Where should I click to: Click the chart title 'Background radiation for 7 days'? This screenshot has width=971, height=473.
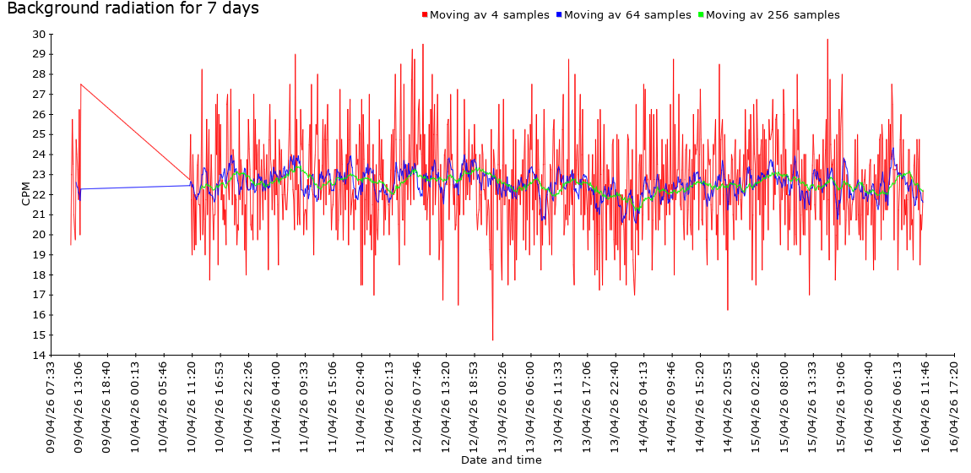pos(133,9)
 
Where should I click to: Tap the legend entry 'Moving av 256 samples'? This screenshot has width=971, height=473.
pos(773,15)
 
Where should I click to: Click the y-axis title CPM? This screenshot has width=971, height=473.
pos(26,194)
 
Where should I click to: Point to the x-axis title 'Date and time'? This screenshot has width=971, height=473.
pos(502,460)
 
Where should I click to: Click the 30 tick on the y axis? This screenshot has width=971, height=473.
pos(39,34)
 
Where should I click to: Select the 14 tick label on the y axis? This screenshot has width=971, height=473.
pos(39,355)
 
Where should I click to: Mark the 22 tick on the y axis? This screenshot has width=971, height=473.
pos(39,194)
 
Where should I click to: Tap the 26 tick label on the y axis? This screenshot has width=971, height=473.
pos(39,114)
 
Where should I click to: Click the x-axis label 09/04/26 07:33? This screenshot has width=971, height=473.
pos(52,406)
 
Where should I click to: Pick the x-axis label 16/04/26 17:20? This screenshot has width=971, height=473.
pos(954,406)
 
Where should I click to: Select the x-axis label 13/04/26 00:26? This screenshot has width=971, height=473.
pos(502,406)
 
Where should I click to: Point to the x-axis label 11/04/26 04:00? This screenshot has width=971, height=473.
pos(277,406)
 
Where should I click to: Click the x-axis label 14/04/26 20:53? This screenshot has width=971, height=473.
pos(728,406)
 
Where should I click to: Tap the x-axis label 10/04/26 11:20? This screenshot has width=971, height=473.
pos(193,406)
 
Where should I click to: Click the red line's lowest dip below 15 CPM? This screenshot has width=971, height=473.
pos(492,340)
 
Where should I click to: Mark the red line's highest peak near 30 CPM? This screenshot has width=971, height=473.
pos(827,40)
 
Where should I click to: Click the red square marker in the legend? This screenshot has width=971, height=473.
pos(425,15)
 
